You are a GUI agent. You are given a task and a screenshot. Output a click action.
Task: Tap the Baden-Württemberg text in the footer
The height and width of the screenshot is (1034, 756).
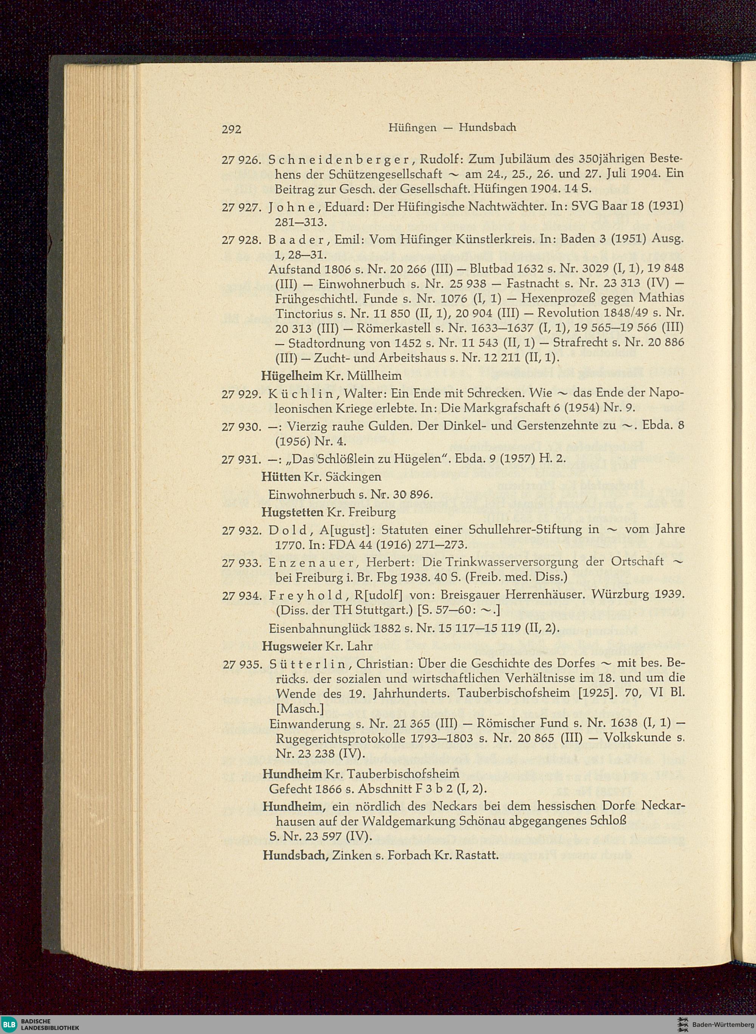click(x=722, y=1023)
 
